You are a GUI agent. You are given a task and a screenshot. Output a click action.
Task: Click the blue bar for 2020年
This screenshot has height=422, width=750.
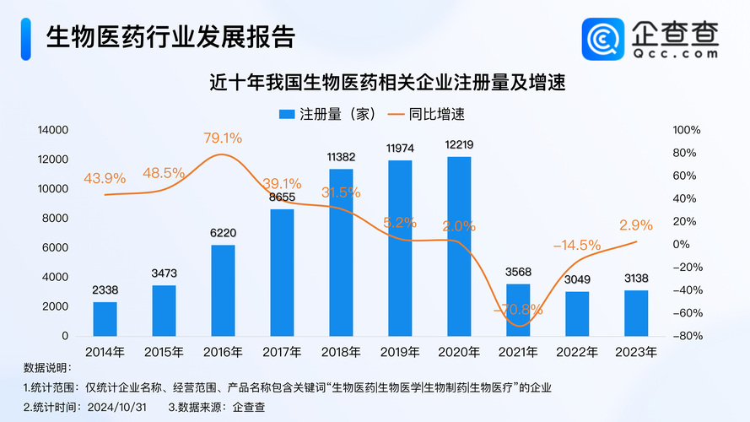click(459, 246)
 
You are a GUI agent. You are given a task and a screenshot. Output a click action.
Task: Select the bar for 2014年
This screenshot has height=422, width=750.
click(105, 318)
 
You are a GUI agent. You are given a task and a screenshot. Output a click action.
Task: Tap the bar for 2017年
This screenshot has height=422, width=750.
click(282, 272)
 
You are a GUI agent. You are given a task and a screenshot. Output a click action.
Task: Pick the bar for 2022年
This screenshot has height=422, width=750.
click(577, 313)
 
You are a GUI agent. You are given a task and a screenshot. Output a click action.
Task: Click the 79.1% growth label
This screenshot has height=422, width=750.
click(223, 138)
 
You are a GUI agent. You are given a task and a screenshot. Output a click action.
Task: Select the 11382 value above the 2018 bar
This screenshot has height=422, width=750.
click(341, 157)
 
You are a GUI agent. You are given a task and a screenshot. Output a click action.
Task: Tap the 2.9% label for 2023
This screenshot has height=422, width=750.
click(636, 225)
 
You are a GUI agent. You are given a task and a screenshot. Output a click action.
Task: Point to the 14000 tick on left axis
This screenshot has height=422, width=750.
click(51, 130)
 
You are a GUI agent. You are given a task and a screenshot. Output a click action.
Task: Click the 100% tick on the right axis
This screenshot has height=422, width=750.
click(687, 130)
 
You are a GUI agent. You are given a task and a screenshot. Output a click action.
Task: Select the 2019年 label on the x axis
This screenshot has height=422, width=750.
click(400, 352)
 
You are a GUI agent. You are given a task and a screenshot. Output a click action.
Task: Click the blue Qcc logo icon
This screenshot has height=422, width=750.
click(602, 39)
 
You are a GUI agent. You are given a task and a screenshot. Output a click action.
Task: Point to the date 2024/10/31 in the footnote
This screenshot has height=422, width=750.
click(119, 406)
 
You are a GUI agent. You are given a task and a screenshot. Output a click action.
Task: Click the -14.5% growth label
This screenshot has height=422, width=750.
click(577, 246)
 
